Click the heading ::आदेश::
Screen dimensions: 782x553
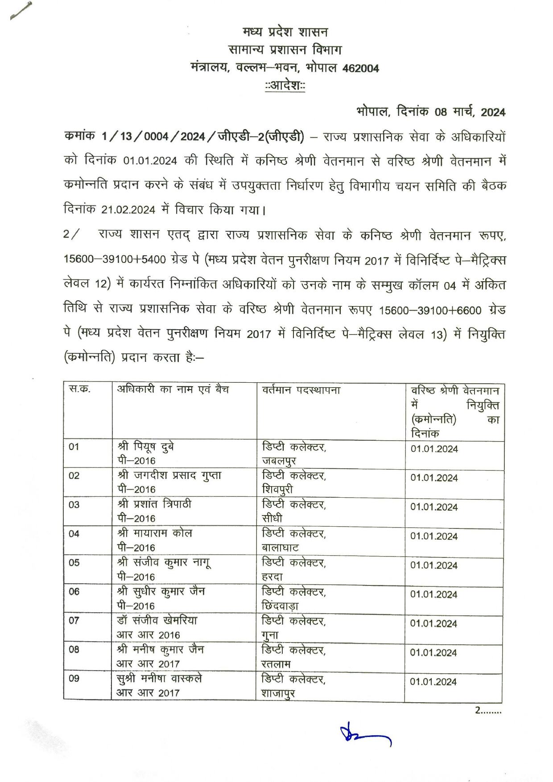285,85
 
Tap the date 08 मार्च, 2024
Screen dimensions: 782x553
470,112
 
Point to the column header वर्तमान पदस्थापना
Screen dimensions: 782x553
301,390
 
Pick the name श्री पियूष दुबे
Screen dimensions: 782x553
146,446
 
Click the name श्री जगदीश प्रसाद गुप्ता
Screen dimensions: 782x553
169,475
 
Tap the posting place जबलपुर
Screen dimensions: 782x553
279,461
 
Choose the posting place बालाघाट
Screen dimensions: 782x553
281,548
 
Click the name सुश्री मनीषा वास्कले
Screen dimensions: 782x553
159,679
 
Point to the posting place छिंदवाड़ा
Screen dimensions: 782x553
281,606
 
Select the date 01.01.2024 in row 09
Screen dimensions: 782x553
433,682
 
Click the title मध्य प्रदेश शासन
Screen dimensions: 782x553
285,32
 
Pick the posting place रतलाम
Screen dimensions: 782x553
276,664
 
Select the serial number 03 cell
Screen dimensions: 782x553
74,505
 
